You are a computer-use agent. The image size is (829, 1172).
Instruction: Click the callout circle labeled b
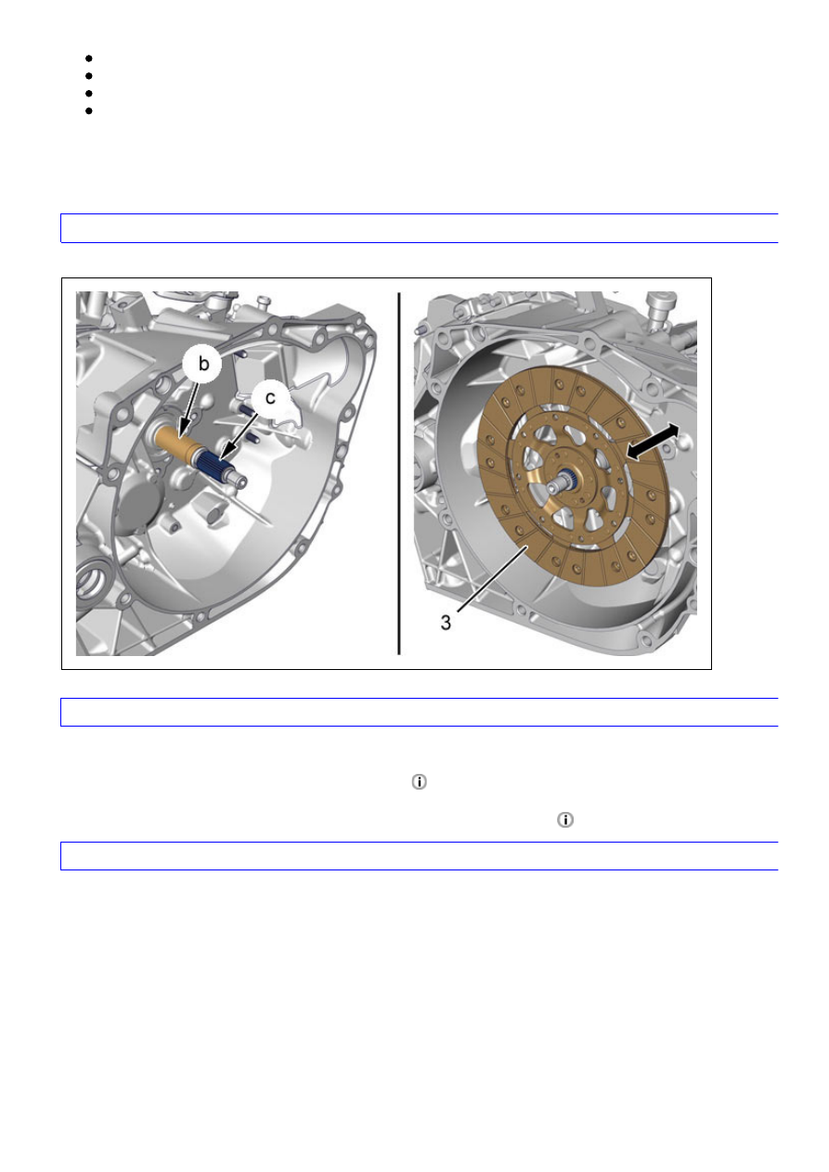coord(202,363)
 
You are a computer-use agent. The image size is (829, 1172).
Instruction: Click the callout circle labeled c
coord(270,398)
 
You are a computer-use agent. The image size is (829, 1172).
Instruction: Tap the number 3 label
coord(446,623)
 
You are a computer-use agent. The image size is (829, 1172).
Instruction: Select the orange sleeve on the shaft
coord(175,442)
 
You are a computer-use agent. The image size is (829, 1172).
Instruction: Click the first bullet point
coord(89,58)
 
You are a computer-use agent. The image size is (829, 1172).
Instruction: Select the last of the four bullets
coord(89,111)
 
